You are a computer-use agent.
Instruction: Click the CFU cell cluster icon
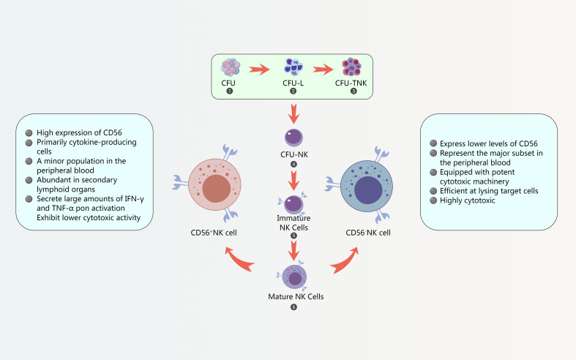[x=231, y=67]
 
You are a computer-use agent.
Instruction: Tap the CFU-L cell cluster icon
[x=293, y=67]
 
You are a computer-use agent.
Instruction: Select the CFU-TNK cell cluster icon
[x=351, y=67]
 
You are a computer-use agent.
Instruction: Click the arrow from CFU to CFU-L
[x=259, y=69]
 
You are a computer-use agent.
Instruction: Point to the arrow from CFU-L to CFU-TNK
[x=323, y=69]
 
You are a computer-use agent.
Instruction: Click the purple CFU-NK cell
[x=294, y=138]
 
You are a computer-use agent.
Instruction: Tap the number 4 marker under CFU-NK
[x=294, y=164]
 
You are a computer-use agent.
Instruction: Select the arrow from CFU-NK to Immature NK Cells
[x=293, y=181]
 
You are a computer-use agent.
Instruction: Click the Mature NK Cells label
[x=296, y=296]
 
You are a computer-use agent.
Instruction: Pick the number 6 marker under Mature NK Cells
[x=293, y=307]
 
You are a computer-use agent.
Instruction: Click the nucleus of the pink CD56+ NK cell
[x=217, y=189]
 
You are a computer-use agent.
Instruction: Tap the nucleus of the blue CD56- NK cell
[x=368, y=190]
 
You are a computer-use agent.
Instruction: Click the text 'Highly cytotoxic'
[x=467, y=200]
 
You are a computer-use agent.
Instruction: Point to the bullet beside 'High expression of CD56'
[x=29, y=132]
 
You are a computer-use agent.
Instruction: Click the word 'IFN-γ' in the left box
[x=134, y=199]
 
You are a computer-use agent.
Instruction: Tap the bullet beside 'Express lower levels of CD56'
[x=433, y=143]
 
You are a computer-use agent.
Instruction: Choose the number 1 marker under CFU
[x=230, y=91]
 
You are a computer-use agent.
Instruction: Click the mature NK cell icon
[x=294, y=277]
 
